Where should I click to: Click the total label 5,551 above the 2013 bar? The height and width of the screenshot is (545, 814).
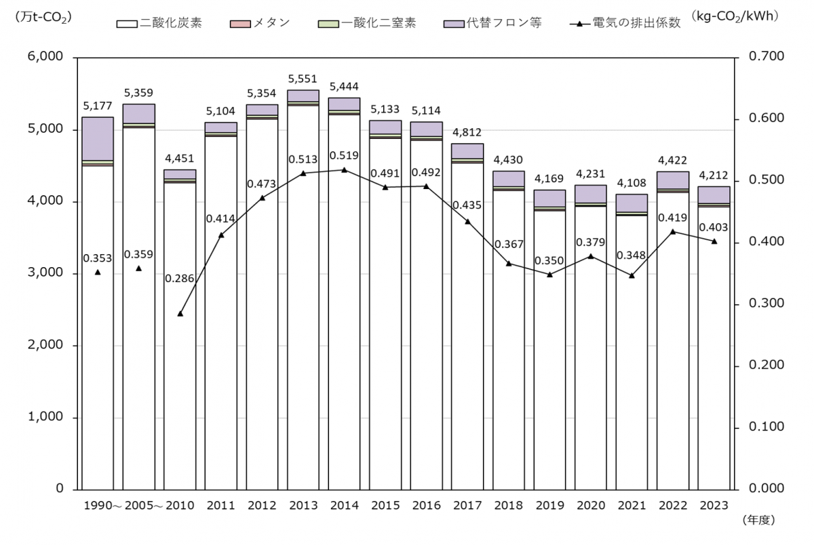click(x=303, y=79)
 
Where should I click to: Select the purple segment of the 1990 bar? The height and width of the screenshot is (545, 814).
click(x=98, y=138)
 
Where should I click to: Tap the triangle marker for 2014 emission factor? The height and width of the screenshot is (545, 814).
click(x=344, y=169)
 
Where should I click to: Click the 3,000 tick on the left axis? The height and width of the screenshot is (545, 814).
click(x=47, y=274)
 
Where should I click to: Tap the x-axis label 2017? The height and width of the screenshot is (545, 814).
click(x=467, y=506)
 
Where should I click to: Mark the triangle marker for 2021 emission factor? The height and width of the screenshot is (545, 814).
click(x=632, y=275)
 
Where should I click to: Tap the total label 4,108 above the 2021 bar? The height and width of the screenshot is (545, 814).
click(x=632, y=184)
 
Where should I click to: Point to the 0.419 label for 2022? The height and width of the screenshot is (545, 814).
click(x=673, y=218)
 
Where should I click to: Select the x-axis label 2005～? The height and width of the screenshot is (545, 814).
click(x=142, y=506)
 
